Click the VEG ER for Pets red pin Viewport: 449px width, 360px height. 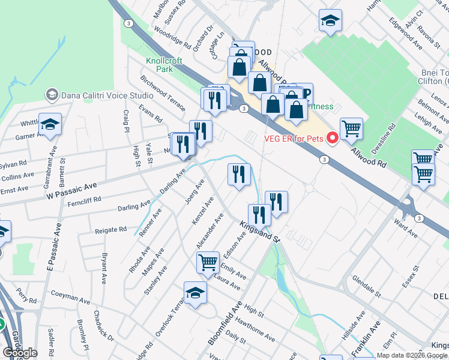[332, 138]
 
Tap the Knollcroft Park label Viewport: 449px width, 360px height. [159, 65]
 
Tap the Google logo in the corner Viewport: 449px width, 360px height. [20, 353]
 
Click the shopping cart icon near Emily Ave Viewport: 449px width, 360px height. [208, 262]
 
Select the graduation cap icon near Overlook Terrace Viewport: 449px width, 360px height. [195, 293]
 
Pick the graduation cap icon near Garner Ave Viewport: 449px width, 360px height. [50, 124]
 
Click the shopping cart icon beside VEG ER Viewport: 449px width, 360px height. [351, 128]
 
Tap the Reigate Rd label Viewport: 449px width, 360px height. [110, 229]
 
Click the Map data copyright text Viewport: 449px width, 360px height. [411, 355]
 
